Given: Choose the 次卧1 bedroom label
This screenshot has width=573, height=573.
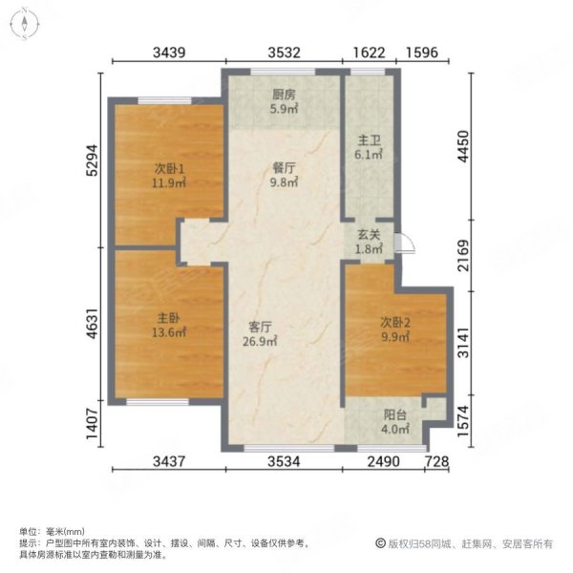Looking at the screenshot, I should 168,170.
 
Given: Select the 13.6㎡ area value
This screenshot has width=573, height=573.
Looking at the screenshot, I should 168,334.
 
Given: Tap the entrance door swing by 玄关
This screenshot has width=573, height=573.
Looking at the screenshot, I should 405,244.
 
